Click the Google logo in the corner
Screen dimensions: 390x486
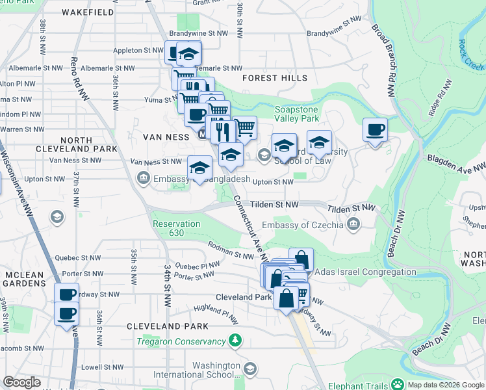[x=21, y=382]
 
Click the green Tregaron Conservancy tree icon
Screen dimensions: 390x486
[x=235, y=341]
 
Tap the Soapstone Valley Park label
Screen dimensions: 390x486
[x=297, y=114]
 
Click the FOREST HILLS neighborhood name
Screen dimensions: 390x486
[x=274, y=78]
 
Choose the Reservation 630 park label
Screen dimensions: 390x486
[x=176, y=229]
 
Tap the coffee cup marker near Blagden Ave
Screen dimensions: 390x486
[x=375, y=130]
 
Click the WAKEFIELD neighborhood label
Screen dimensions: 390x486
[x=90, y=12]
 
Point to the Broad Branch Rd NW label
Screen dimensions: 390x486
[x=384, y=60]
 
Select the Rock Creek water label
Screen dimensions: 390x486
[x=471, y=53]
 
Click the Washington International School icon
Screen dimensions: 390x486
[x=250, y=370]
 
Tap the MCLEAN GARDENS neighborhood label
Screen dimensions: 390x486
[x=24, y=279]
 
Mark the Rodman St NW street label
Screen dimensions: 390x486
[x=230, y=250]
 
